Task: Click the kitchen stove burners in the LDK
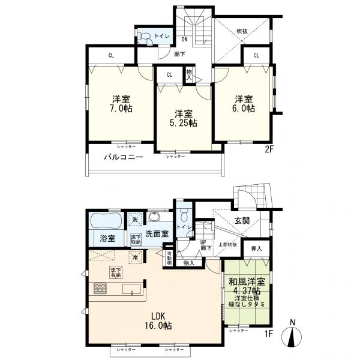coord(100,290)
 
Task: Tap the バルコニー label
coord(122,157)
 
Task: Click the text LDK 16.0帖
coord(158,321)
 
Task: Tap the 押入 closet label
coord(256,247)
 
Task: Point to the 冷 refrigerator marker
coord(136,257)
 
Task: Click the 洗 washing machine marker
coord(136,220)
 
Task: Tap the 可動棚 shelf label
coord(169,259)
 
